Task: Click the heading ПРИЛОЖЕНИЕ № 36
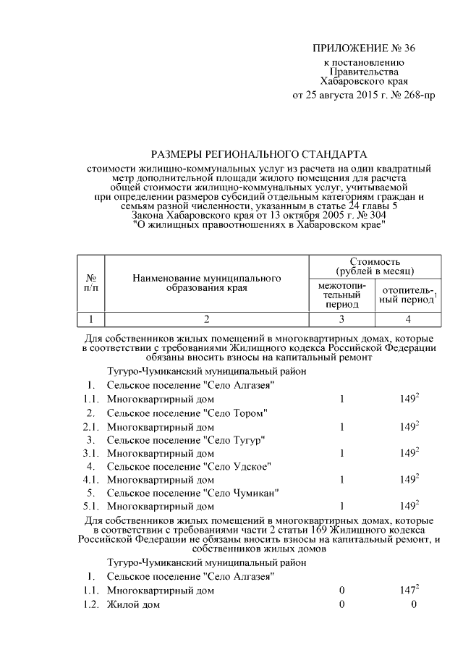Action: pyautogui.click(x=365, y=49)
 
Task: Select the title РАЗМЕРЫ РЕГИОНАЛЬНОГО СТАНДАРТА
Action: pyautogui.click(x=258, y=154)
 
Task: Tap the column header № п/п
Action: pyautogui.click(x=91, y=283)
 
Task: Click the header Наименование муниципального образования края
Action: pyautogui.click(x=206, y=283)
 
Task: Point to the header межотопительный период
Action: pyautogui.click(x=341, y=295)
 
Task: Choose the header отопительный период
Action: pyautogui.click(x=407, y=295)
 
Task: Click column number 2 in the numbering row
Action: pyautogui.click(x=206, y=318)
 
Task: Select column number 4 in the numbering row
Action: pyautogui.click(x=407, y=318)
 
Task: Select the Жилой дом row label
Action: pyautogui.click(x=133, y=604)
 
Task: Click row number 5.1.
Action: pyautogui.click(x=91, y=506)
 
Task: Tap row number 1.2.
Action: pyautogui.click(x=91, y=604)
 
